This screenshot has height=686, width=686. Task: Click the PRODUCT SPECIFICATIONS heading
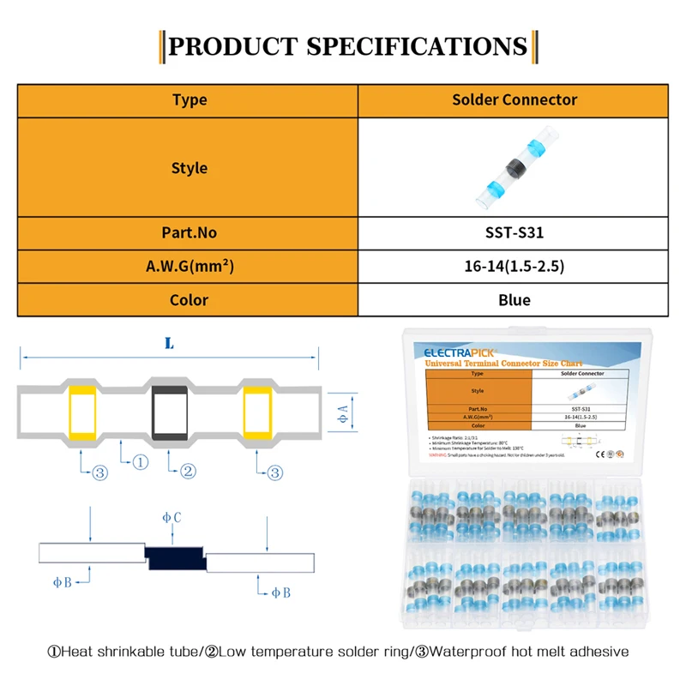(347, 45)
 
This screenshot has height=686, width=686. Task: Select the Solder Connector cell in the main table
(514, 99)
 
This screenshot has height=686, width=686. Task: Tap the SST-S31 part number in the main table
(514, 232)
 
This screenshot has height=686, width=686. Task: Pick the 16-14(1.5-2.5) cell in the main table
(514, 267)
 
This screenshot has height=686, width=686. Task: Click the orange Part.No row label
(189, 232)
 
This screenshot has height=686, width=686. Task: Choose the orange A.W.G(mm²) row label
(189, 267)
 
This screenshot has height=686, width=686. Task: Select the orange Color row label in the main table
(189, 300)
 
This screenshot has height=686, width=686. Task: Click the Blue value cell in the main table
(514, 300)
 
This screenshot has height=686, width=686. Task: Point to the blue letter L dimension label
(169, 343)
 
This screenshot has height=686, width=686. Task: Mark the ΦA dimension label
(342, 413)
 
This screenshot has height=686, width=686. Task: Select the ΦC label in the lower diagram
(172, 518)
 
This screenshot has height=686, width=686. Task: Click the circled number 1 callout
(142, 462)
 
